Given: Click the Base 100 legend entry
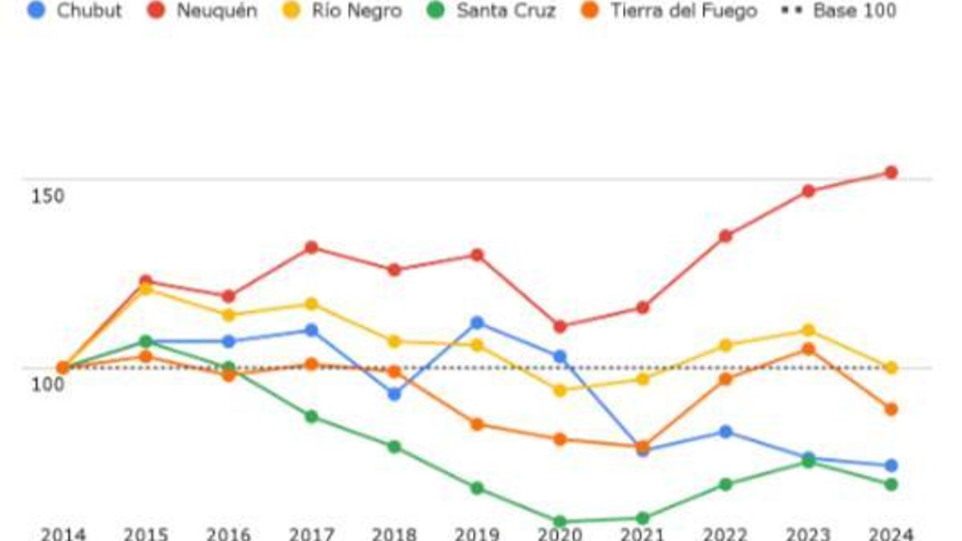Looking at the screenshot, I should pos(841,11).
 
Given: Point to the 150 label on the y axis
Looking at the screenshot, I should pos(47,196).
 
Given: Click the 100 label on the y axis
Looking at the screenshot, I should pos(47,385).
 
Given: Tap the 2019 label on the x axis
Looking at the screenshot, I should pos(476,534).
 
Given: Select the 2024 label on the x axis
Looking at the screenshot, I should pos(890,534).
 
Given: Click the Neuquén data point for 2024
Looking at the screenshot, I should pos(891,172).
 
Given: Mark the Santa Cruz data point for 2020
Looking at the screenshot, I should pos(560,522).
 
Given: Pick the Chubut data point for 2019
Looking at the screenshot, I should pos(477,323).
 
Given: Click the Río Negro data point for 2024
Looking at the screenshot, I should pos(891,368).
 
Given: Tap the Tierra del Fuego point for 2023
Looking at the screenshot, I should pos(808,349).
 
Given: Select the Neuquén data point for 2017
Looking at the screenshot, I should pos(311,248).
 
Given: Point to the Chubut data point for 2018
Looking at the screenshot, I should pos(394,394).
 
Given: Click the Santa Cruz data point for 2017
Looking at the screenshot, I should pos(311,417).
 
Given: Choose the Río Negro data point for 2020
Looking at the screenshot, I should pos(560,390).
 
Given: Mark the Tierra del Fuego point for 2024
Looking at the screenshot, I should pos(891,410).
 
